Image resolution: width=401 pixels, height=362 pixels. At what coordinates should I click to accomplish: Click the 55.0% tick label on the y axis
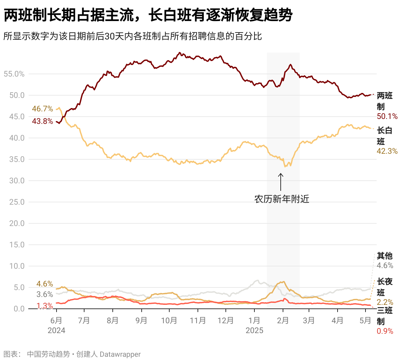point(14,74)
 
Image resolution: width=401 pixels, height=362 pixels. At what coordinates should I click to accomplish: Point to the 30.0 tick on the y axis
point(17,181)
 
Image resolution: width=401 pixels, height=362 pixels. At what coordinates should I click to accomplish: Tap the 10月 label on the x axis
point(169,320)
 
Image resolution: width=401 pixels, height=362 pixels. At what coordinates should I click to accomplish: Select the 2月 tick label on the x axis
point(283,320)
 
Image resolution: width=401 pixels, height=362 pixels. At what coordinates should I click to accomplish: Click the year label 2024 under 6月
point(57,330)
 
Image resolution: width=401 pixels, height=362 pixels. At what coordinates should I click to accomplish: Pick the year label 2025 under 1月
point(254,330)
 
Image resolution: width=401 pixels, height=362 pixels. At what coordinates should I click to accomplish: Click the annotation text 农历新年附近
point(282,199)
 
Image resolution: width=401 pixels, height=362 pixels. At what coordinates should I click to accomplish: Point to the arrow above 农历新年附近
point(281,182)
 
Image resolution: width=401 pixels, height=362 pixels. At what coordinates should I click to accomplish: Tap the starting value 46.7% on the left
point(42,109)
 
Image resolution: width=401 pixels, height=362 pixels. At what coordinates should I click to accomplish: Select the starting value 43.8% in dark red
point(42,121)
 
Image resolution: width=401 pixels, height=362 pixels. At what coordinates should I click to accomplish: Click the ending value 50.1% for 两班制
point(387,116)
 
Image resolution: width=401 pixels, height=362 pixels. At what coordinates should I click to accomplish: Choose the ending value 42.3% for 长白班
point(387,151)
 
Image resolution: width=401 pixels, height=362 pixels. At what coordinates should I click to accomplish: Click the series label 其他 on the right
point(385,256)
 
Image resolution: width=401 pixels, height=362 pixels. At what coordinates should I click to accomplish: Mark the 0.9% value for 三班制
point(385,331)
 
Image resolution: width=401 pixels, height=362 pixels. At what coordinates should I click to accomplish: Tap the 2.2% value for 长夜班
point(385,302)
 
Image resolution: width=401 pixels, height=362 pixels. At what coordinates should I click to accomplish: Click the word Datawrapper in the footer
point(120,354)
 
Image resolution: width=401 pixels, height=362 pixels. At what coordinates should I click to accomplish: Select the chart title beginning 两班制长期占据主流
point(148,15)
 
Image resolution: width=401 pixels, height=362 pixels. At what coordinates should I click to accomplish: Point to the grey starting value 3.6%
point(45,294)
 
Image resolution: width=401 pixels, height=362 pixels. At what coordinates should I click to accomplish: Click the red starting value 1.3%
point(45,306)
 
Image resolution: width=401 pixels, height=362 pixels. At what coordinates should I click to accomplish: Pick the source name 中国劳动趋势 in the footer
point(48,354)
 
